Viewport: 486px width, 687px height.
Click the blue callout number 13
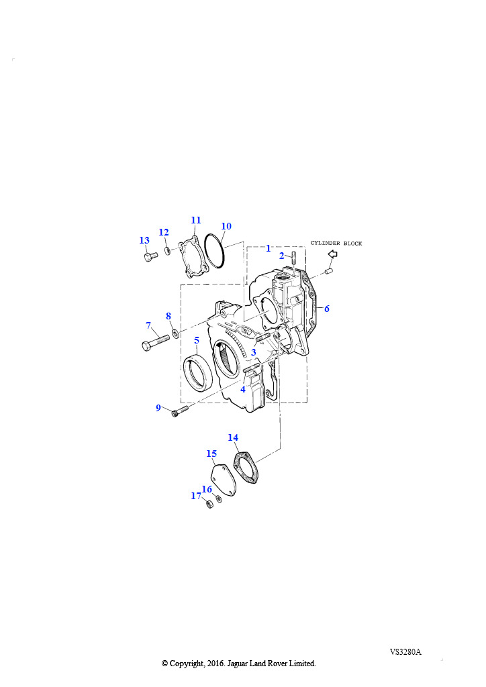[x=144, y=240]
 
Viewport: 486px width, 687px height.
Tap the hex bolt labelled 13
[x=150, y=256]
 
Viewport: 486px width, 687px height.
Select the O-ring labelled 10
[x=215, y=251]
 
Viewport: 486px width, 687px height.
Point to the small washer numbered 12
[x=167, y=251]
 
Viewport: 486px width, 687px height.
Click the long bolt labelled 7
[x=156, y=341]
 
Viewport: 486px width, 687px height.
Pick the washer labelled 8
[x=175, y=334]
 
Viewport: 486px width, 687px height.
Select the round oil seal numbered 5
[x=197, y=374]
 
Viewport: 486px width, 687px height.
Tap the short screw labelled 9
[x=180, y=411]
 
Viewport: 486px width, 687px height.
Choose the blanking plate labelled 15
[x=223, y=480]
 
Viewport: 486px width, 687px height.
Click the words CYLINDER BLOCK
[x=336, y=243]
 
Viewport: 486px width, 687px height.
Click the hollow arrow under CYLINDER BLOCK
[x=333, y=254]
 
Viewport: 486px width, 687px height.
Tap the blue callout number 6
[x=326, y=309]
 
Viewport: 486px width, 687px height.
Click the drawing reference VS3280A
[x=405, y=652]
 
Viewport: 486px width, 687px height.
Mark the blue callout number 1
[x=269, y=248]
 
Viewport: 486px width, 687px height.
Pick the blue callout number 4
[x=243, y=389]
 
